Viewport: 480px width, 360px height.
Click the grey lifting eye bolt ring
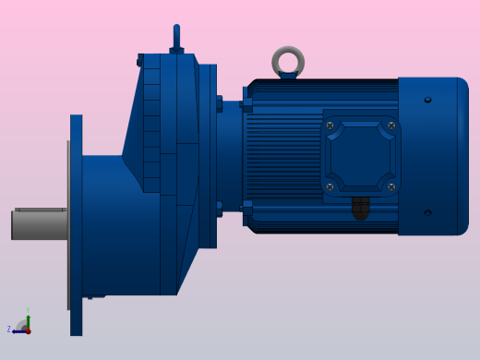point(288,61)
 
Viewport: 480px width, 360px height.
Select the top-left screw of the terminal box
point(330,126)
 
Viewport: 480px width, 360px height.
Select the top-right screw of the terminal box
point(391,126)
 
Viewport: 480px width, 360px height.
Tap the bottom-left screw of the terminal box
point(330,187)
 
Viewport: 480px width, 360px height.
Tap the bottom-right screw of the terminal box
point(391,187)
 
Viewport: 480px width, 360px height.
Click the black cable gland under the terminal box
point(360,208)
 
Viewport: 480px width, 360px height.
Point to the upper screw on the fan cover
point(427,100)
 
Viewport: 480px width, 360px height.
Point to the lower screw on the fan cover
point(427,213)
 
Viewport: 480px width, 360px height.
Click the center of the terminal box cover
point(361,156)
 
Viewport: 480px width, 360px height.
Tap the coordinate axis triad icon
point(25,326)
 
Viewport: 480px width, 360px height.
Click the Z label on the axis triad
point(9,330)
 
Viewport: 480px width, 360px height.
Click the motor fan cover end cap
point(434,156)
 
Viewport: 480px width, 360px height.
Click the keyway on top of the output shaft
point(40,210)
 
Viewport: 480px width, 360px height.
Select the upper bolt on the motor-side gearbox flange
point(219,103)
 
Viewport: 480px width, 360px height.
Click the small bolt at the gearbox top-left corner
point(140,61)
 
